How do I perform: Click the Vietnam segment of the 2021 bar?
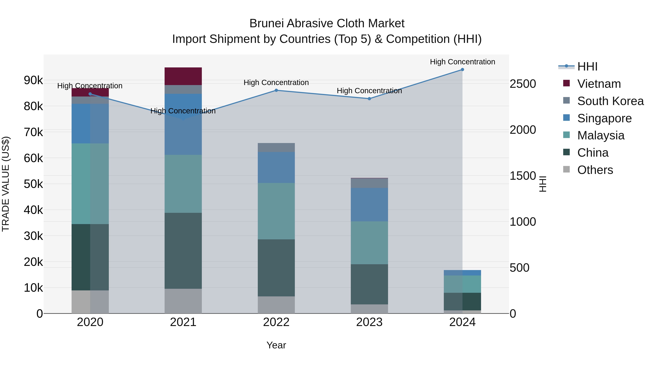click(x=183, y=76)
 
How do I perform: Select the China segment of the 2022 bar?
click(x=276, y=268)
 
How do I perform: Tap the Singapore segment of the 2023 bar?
click(x=369, y=204)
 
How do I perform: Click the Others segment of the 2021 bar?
click(x=183, y=301)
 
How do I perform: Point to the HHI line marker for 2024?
click(x=462, y=70)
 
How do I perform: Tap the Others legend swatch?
click(x=566, y=169)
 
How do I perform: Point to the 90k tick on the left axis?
click(x=33, y=80)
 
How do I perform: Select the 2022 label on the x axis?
click(x=276, y=322)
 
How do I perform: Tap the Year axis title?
click(x=276, y=345)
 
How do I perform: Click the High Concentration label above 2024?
click(x=462, y=62)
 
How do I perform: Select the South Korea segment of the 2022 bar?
click(x=276, y=147)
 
